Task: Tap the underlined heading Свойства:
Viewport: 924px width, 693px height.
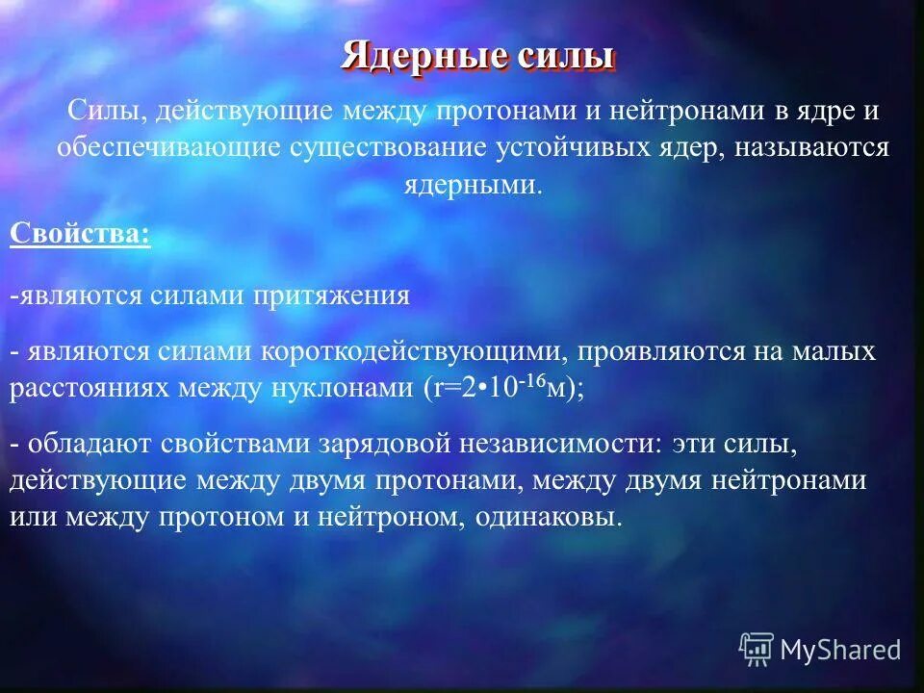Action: (x=80, y=234)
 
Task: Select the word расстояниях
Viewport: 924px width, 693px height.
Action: (x=89, y=389)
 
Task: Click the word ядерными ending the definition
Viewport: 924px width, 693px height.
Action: (x=472, y=185)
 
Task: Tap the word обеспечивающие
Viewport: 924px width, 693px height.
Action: (x=167, y=147)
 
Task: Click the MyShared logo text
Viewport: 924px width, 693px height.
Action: (x=839, y=650)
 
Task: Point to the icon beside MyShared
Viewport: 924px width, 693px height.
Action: (x=757, y=649)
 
